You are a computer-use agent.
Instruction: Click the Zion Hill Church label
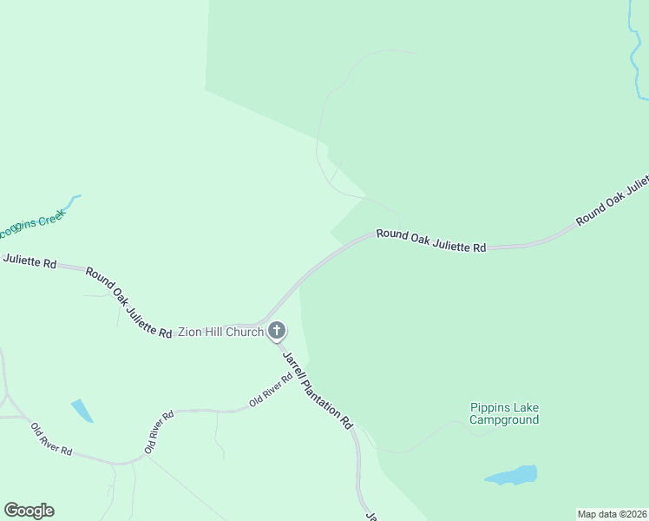pos(220,332)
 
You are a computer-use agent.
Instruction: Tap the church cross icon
pos(277,330)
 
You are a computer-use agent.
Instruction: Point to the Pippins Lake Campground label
pos(504,413)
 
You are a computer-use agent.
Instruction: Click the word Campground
pos(504,420)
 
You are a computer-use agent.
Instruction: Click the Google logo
pos(29,511)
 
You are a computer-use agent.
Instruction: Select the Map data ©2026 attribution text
pos(612,514)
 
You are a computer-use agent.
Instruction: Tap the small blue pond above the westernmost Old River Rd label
pos(82,410)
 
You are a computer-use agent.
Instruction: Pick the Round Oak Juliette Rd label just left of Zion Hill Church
pos(128,302)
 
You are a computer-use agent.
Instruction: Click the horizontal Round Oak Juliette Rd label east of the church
pos(430,241)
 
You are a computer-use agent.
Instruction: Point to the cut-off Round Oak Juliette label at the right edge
pos(613,201)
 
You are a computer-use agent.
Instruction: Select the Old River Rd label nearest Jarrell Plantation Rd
pos(271,390)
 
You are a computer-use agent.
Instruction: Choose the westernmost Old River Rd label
pos(51,441)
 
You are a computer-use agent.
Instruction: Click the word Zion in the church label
pos(189,332)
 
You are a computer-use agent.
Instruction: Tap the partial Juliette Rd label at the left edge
pos(29,260)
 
